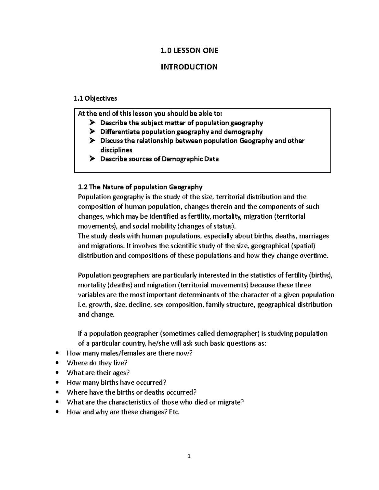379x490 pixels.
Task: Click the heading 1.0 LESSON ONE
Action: click(189, 50)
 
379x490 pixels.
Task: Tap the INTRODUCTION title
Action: click(189, 67)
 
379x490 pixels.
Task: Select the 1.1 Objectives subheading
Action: click(95, 98)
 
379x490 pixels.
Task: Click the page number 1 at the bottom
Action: click(189, 456)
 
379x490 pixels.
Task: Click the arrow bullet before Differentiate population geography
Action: click(92, 132)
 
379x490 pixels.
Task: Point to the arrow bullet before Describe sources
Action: click(92, 159)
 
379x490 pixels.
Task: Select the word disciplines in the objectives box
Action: click(116, 150)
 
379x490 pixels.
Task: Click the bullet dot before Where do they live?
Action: click(57, 363)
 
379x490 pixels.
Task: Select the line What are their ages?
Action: click(98, 373)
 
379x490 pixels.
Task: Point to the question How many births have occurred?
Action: click(117, 382)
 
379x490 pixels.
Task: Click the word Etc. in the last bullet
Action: click(174, 412)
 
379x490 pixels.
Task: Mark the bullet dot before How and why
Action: click(57, 412)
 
